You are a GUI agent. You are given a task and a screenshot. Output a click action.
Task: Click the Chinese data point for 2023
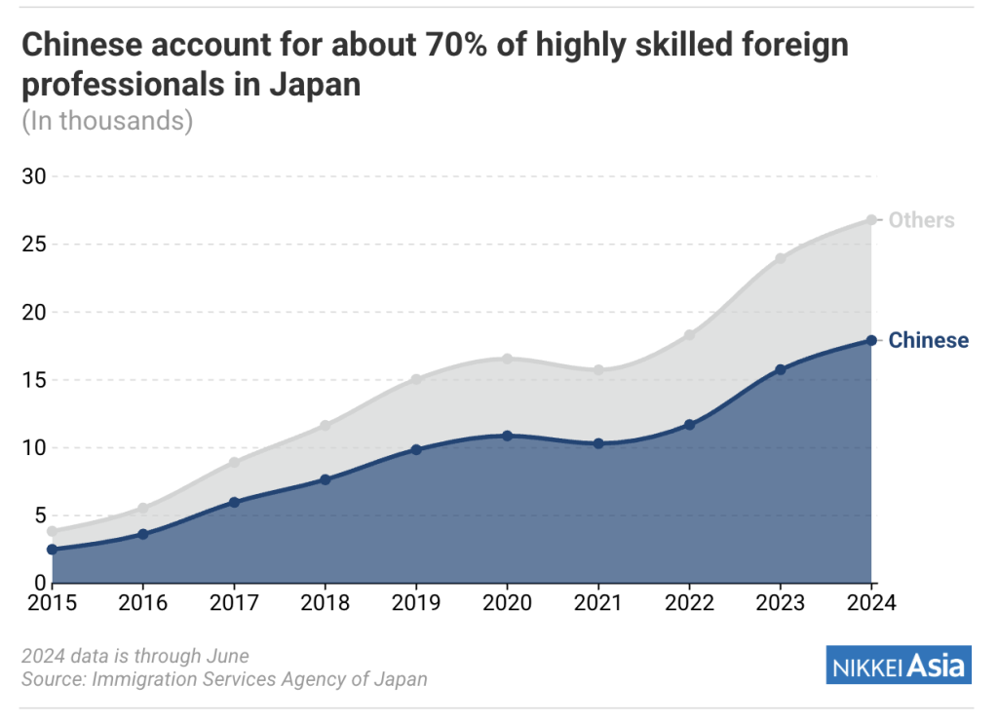click(x=780, y=369)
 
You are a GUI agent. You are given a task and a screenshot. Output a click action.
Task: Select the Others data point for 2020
click(x=507, y=359)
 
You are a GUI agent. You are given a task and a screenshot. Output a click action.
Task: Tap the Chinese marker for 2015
click(x=52, y=550)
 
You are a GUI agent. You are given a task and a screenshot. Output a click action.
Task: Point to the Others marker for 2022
click(x=689, y=335)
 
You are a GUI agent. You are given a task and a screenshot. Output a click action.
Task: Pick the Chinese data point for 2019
click(x=416, y=449)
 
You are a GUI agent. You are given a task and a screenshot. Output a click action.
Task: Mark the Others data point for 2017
click(x=234, y=462)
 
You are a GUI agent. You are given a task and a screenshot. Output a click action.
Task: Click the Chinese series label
click(x=929, y=340)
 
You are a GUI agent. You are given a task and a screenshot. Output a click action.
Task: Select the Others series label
click(x=921, y=220)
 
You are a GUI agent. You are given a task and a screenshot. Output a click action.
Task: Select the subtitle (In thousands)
click(x=107, y=121)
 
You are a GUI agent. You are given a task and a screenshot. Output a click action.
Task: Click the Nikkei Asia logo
click(x=898, y=667)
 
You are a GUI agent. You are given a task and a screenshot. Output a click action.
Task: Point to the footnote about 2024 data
click(x=135, y=656)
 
